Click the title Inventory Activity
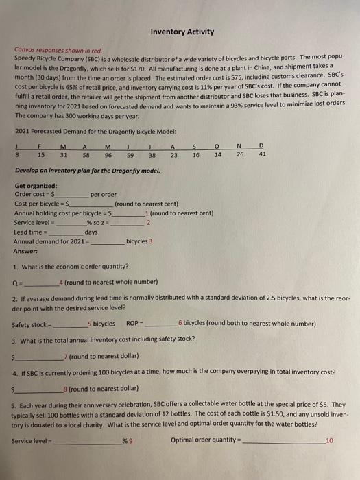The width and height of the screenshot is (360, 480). pos(182,32)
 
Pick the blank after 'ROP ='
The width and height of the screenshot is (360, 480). pos(160,323)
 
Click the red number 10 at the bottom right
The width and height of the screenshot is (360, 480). pos(330,440)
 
